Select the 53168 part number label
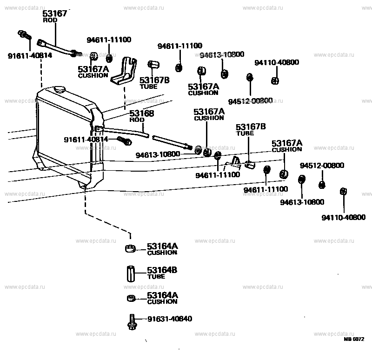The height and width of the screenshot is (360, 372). (x=141, y=113)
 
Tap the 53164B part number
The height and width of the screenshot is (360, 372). (x=162, y=270)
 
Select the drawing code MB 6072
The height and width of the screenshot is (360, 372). (x=354, y=339)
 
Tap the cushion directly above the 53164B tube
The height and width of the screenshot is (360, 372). (x=131, y=249)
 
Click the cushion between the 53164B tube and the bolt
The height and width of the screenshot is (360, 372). (x=131, y=299)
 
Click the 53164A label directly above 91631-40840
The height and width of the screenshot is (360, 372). (x=162, y=295)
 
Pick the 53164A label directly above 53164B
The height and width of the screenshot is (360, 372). (x=162, y=246)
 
